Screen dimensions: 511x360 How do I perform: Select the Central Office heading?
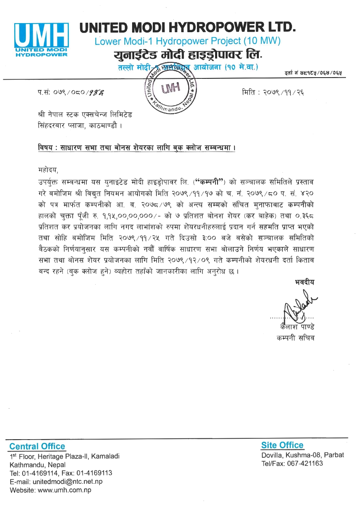click(37, 446)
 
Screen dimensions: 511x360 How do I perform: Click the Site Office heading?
click(282, 445)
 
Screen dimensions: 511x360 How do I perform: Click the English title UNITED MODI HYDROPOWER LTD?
click(188, 27)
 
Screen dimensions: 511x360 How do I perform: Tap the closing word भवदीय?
click(304, 283)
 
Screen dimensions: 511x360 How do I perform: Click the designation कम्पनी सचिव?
click(296, 338)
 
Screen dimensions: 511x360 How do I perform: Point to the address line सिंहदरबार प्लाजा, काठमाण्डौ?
click(79, 124)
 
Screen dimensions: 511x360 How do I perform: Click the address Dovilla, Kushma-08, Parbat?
click(302, 455)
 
